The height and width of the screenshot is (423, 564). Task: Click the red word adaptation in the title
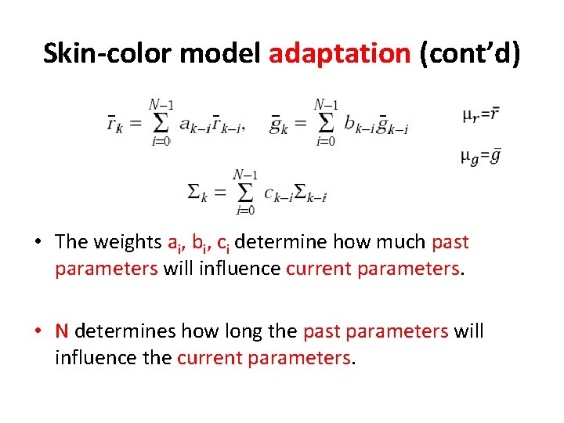click(x=339, y=53)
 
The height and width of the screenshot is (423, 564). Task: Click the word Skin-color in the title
click(x=107, y=53)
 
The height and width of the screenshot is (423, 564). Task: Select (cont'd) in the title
click(x=469, y=53)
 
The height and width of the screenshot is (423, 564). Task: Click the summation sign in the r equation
click(x=161, y=122)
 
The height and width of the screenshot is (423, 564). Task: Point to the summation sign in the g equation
click(x=326, y=122)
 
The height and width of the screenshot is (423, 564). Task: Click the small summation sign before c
click(x=245, y=191)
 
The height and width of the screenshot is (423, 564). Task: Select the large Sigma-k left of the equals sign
click(x=197, y=192)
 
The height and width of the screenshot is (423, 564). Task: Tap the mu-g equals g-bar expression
click(x=480, y=157)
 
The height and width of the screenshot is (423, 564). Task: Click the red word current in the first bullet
click(x=319, y=269)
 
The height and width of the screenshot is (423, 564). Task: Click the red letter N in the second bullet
click(x=62, y=331)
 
